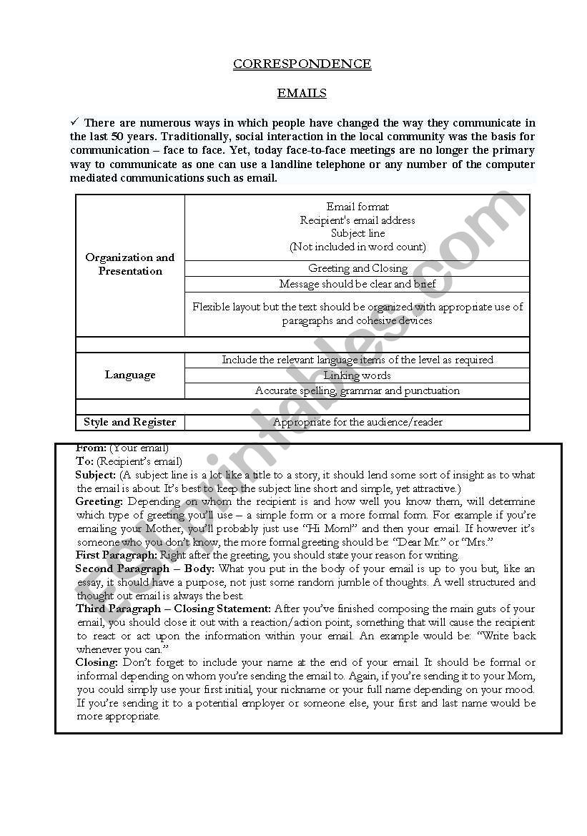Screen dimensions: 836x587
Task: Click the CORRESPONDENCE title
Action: coord(302,64)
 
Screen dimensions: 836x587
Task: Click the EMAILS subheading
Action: coord(302,93)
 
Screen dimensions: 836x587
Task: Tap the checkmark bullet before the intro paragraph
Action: coord(74,122)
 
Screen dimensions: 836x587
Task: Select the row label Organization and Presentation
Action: coord(130,264)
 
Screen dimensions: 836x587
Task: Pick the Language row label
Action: coord(130,375)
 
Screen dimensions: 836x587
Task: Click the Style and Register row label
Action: coord(130,422)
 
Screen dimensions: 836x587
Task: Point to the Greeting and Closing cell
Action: coord(357,268)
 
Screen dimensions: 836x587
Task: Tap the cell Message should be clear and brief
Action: coord(357,284)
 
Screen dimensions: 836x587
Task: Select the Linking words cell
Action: coord(357,375)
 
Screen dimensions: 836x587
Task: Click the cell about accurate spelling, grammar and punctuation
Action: coord(357,390)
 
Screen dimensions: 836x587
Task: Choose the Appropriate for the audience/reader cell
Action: coord(357,422)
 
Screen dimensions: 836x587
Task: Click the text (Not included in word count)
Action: coord(357,247)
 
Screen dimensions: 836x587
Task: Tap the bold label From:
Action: coord(91,448)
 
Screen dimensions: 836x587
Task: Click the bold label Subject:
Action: coord(96,475)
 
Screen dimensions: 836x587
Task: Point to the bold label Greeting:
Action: coord(99,502)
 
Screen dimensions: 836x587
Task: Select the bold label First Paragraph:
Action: coord(117,555)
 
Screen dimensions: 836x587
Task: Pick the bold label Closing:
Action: coord(97,663)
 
